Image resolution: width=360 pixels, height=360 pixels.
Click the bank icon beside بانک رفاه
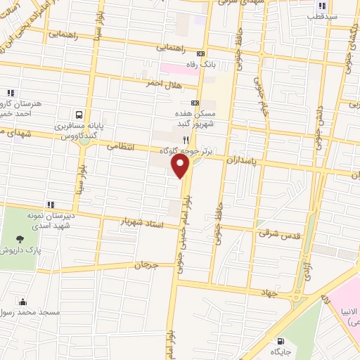[x=202, y=53]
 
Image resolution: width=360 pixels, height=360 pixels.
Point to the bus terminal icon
[x=78, y=114]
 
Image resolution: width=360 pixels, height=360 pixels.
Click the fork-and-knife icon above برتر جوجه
[x=186, y=140]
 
